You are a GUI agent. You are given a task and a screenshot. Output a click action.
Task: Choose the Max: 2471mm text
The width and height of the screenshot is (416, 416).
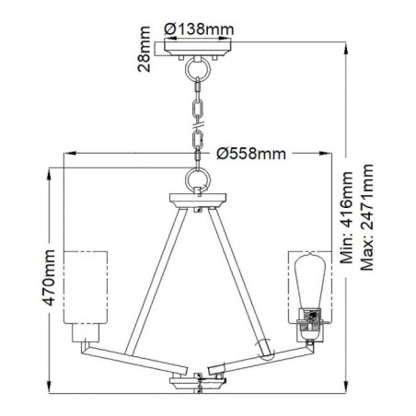pos(367,213)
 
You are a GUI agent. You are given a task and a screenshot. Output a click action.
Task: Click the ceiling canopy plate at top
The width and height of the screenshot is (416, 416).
pos(200,51)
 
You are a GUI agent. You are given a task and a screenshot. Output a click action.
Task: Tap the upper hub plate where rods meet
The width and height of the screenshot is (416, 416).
pos(200,198)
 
